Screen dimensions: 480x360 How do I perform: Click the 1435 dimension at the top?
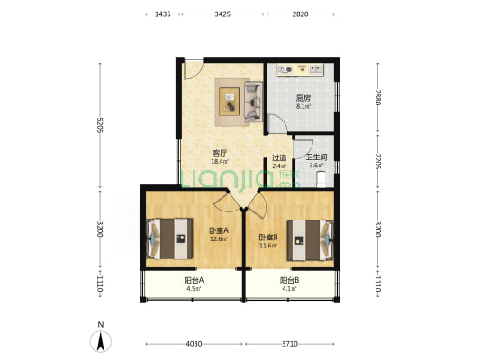pyautogui.click(x=162, y=14)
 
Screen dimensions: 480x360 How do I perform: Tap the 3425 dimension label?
pyautogui.click(x=222, y=14)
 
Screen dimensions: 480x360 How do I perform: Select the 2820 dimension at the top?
pyautogui.click(x=300, y=14)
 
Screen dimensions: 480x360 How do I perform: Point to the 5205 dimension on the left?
pyautogui.click(x=100, y=125)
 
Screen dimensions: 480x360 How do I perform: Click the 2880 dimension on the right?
pyautogui.click(x=377, y=97)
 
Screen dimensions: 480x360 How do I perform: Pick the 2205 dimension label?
pyautogui.click(x=377, y=161)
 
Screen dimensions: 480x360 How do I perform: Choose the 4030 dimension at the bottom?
pyautogui.click(x=194, y=344)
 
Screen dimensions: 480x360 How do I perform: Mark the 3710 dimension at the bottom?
pyautogui.click(x=290, y=344)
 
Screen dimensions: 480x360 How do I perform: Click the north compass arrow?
pyautogui.click(x=100, y=341)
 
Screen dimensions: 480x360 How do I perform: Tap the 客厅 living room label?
pyautogui.click(x=220, y=153)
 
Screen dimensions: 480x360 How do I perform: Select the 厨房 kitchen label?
pyautogui.click(x=303, y=98)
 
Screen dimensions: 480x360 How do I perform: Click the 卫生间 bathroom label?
pyautogui.click(x=316, y=157)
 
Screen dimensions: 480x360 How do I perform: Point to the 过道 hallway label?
pyautogui.click(x=279, y=157)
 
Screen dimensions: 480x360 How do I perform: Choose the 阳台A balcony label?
pyautogui.click(x=195, y=280)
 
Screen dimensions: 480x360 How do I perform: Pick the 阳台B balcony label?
pyautogui.click(x=290, y=280)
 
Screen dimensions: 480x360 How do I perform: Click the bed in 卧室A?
pyautogui.click(x=170, y=238)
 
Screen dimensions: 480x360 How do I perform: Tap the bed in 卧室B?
pyautogui.click(x=311, y=240)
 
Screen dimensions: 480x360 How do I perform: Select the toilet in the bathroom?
pyautogui.click(x=322, y=178)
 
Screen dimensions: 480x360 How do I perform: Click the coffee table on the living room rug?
pyautogui.click(x=230, y=102)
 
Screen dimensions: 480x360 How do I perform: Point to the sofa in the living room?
pyautogui.click(x=253, y=102)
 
